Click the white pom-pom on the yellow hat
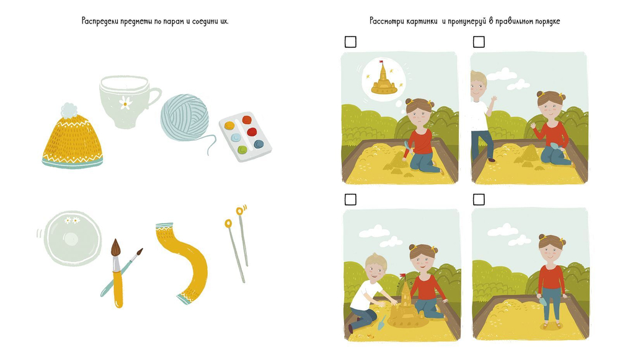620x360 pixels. [69, 110]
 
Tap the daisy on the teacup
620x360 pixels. [125, 103]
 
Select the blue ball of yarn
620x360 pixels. [185, 117]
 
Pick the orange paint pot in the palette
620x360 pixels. [247, 120]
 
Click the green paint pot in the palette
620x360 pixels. [242, 150]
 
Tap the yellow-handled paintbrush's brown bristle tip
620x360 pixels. [115, 247]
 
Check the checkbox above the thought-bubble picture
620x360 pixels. [350, 42]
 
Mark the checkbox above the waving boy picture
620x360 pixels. [479, 42]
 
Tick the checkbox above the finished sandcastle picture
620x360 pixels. [350, 200]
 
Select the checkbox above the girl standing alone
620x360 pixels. [479, 200]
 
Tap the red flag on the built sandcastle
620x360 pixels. [404, 274]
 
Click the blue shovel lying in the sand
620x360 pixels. [381, 322]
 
